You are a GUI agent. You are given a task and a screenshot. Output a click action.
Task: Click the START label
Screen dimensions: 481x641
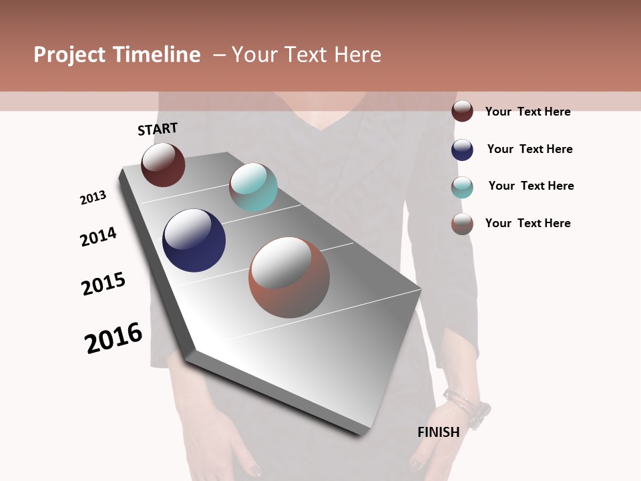pos(158,129)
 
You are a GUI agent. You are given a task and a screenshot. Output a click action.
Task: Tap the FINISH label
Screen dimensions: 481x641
pos(439,432)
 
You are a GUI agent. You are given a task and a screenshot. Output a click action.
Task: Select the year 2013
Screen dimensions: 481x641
pos(93,198)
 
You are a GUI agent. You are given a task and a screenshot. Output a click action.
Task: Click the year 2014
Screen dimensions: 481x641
pos(98,236)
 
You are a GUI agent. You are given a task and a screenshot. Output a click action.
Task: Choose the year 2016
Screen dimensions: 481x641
pos(114,338)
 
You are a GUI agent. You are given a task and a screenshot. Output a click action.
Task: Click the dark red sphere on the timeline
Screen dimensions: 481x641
pos(163,165)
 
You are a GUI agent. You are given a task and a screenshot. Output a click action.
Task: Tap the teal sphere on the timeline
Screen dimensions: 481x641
pos(253,187)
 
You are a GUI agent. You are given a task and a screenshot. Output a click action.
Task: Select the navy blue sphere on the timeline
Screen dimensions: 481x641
pos(194,240)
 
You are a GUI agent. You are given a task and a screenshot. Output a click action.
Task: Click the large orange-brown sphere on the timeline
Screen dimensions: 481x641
pos(289,277)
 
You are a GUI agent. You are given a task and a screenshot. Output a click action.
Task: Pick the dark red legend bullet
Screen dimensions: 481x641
pos(462,111)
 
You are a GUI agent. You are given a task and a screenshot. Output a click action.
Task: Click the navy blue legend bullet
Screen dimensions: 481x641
pos(462,150)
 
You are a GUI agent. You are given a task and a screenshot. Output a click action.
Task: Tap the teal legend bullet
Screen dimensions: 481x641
pos(462,187)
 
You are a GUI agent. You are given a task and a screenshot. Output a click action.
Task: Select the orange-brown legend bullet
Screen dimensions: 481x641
pos(462,224)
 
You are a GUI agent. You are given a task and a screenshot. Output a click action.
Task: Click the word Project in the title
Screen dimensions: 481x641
pos(69,55)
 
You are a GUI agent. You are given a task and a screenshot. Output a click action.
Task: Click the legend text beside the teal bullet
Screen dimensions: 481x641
pos(531,186)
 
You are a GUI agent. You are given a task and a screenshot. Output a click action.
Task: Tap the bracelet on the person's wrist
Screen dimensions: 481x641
pos(467,404)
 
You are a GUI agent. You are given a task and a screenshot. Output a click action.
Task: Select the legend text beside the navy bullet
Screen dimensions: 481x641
pos(529,149)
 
